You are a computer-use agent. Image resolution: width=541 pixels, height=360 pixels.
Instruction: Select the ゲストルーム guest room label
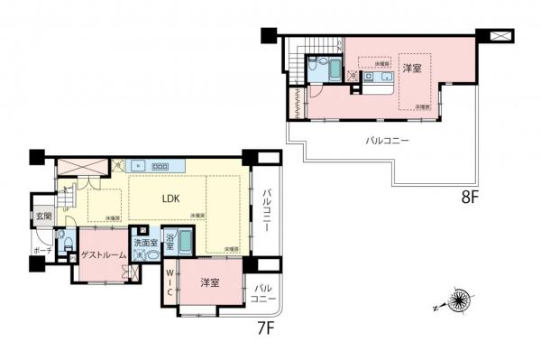(x=103, y=255)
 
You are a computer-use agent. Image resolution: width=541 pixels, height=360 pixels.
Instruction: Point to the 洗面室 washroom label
(x=146, y=243)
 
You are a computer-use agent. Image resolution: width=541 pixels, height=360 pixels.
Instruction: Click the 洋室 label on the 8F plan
(x=413, y=69)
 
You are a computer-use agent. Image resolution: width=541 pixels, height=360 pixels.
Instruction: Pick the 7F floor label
(x=264, y=329)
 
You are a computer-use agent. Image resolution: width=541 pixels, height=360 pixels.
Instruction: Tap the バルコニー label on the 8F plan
(x=387, y=141)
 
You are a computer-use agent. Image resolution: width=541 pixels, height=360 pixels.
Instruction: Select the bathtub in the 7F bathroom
(x=184, y=244)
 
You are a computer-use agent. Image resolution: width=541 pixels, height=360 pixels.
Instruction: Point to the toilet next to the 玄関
(x=62, y=241)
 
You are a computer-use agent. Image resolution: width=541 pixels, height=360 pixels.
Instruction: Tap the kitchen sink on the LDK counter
(x=138, y=166)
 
